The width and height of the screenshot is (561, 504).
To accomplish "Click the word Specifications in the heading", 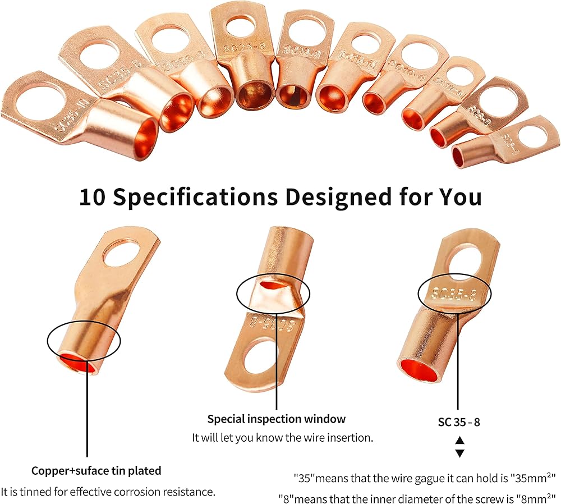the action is (195, 198).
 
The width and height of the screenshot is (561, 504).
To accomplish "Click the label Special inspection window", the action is (277, 419).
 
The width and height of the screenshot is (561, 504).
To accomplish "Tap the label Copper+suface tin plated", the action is (96, 471).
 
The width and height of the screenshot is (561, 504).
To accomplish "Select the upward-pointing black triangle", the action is (459, 440).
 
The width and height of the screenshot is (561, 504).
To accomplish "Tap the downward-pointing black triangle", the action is (459, 453).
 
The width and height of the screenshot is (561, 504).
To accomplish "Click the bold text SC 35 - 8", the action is (459, 422).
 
